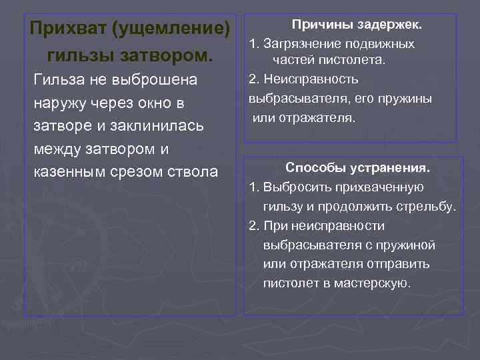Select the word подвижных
(x=382, y=44)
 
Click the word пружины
(x=409, y=98)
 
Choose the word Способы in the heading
(x=312, y=167)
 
